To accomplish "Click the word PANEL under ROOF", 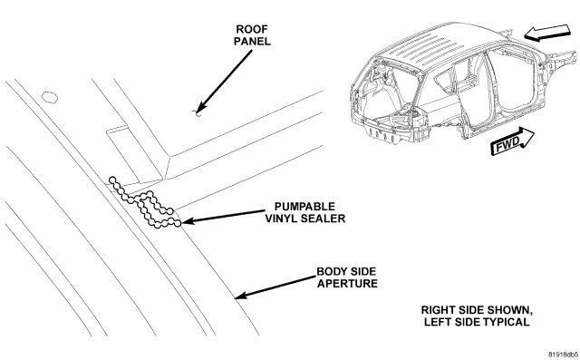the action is (252, 41).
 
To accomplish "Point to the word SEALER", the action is (323, 219).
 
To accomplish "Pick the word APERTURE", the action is (347, 284).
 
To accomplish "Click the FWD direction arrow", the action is (512, 141).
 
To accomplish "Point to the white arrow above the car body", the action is (546, 33).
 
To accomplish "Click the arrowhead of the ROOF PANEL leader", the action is (199, 109).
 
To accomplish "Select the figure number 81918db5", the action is (563, 354).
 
